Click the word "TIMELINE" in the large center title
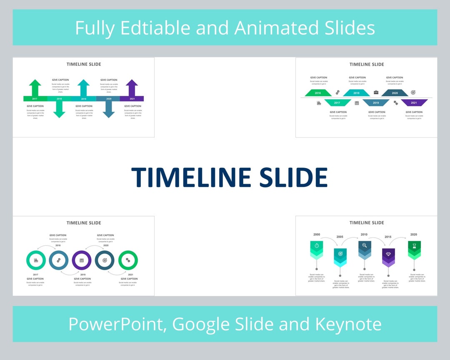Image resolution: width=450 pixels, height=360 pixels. (191, 177)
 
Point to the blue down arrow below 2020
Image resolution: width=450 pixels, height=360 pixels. (109, 109)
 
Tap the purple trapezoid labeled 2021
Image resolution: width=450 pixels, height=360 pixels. (414, 102)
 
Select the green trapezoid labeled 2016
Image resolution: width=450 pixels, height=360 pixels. (318, 93)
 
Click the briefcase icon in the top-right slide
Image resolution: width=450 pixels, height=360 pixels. (376, 92)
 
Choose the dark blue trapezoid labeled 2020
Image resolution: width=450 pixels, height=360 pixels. (395, 93)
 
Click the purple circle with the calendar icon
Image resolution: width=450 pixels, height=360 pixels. (82, 260)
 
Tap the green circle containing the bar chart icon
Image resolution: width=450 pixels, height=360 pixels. (36, 260)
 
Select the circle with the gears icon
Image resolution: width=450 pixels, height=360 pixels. (59, 260)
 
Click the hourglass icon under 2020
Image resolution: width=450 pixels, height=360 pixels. (414, 246)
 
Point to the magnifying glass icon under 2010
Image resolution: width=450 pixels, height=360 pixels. (365, 246)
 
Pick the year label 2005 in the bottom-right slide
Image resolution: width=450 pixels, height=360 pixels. (340, 237)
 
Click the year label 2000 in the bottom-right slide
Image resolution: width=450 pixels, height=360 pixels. (317, 235)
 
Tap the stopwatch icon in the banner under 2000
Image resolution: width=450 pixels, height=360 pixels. (317, 246)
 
